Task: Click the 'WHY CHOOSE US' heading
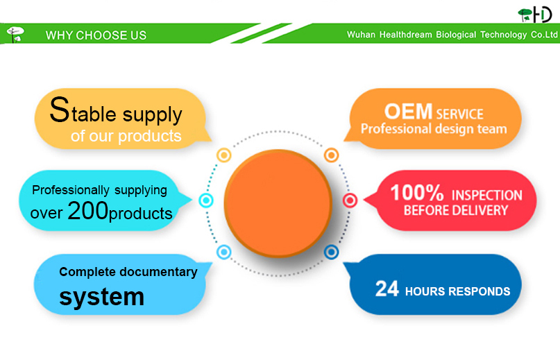[x=96, y=35]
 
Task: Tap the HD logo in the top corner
[x=535, y=15]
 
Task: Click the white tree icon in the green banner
[x=15, y=35]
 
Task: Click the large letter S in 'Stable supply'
[x=59, y=110]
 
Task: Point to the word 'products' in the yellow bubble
[x=150, y=136]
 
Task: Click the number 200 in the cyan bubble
[x=87, y=210]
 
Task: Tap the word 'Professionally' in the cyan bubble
[x=71, y=190]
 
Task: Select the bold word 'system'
[x=102, y=297]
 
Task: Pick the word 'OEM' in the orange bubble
[x=408, y=111]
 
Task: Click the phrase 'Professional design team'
[x=434, y=128]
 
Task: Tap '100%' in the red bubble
[x=417, y=193]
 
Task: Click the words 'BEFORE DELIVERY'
[x=456, y=210]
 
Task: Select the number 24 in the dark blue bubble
[x=387, y=289]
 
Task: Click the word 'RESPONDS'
[x=480, y=291]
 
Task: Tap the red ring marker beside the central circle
[x=350, y=200]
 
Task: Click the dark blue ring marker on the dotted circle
[x=331, y=252]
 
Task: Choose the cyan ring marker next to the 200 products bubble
[x=206, y=200]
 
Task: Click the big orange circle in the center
[x=278, y=203]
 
